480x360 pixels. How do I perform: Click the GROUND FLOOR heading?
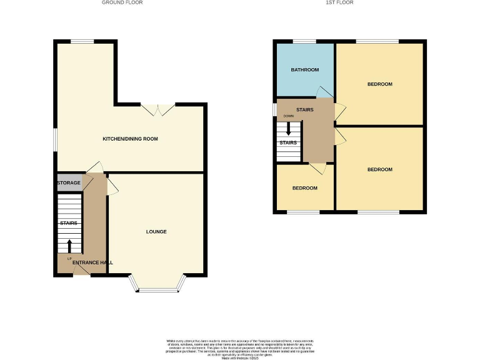pos(122,2)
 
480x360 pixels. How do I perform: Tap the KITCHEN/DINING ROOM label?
pos(130,139)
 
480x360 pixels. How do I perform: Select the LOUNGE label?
pos(156,232)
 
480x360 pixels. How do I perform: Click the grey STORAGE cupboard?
pos(69,183)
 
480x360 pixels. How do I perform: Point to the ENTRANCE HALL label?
pos(92,262)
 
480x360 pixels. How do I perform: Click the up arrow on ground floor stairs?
pos(69,246)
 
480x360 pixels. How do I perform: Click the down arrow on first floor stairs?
pos(288,129)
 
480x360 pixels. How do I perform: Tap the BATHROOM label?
pos(304,70)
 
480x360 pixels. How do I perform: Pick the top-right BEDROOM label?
pos(379,84)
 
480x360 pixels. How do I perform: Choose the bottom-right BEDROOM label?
pos(379,169)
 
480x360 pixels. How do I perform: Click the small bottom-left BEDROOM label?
pos(304,188)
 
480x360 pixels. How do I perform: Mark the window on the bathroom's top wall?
pos(304,41)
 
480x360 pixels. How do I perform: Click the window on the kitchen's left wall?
pos(54,139)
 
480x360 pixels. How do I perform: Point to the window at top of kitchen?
pos(82,41)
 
